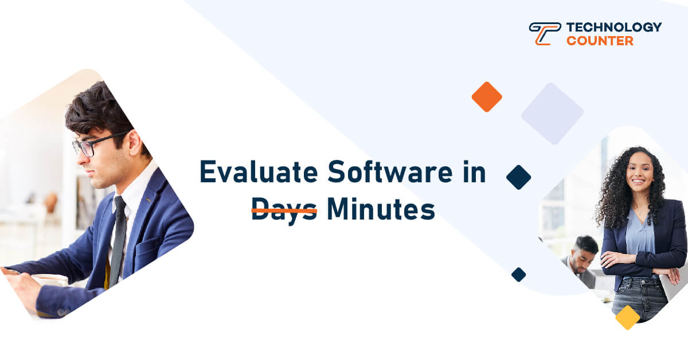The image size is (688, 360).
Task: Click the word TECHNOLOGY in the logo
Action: (x=614, y=27)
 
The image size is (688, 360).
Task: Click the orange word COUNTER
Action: (x=600, y=41)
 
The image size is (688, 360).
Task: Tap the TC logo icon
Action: (x=545, y=33)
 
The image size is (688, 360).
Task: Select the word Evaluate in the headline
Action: (x=259, y=172)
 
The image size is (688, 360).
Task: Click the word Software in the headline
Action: (x=390, y=172)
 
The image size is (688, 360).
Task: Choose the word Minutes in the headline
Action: (x=381, y=209)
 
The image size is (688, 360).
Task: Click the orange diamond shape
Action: (x=487, y=97)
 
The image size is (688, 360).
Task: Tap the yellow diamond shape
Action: (x=627, y=318)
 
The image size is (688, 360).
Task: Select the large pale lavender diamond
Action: (x=553, y=114)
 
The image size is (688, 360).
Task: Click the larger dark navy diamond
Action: (x=519, y=177)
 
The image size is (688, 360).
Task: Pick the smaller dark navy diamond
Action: (x=519, y=275)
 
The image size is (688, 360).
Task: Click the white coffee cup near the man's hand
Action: (x=50, y=280)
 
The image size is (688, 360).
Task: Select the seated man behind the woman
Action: (x=580, y=261)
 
